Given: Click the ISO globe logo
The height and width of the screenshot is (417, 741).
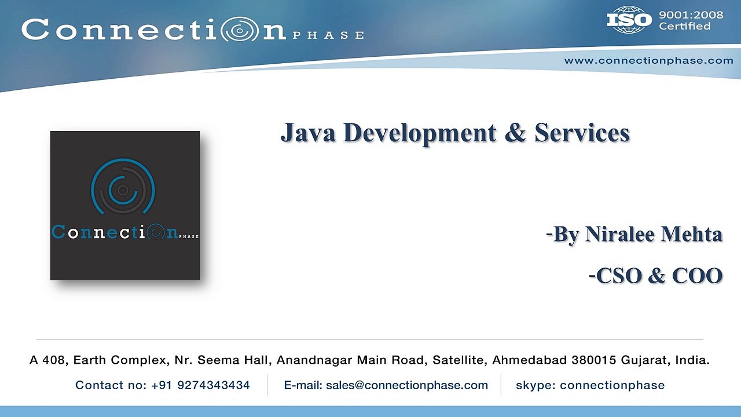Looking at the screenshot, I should [629, 20].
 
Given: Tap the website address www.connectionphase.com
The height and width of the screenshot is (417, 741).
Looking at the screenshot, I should [648, 60].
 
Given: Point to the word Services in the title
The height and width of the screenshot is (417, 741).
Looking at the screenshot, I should [582, 133].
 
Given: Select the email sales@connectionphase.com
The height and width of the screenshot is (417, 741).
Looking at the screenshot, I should [407, 385].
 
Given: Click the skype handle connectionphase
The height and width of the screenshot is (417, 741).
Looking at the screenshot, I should [612, 385].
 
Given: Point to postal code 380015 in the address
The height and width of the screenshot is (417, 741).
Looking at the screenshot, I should [593, 360].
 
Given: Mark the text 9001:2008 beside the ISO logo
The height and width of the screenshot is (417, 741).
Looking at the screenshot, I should [691, 15].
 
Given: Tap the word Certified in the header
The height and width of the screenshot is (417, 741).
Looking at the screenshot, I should [685, 26].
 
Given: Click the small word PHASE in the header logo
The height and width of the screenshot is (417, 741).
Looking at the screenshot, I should [328, 35].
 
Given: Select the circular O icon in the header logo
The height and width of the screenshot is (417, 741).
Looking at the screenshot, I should [241, 30].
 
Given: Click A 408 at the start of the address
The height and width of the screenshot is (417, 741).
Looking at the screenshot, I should [47, 360].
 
